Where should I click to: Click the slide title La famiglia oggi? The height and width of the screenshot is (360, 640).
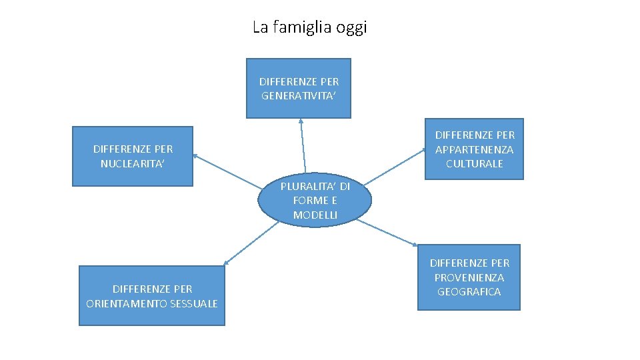pyautogui.click(x=309, y=28)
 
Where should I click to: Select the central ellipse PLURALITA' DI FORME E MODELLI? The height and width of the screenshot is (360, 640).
pyautogui.click(x=315, y=200)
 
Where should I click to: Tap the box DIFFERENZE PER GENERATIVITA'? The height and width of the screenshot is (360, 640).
pyautogui.click(x=299, y=88)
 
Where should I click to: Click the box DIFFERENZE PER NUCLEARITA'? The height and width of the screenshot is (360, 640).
pyautogui.click(x=133, y=156)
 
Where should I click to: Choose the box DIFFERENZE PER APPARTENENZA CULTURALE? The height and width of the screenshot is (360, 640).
pyautogui.click(x=475, y=149)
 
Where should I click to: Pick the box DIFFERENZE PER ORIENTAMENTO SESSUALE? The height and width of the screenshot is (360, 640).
pyautogui.click(x=152, y=296)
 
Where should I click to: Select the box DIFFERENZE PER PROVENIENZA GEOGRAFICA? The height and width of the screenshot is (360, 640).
pyautogui.click(x=469, y=277)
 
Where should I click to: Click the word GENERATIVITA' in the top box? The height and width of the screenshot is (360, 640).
pyautogui.click(x=299, y=95)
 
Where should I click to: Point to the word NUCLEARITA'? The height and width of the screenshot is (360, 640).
pyautogui.click(x=133, y=163)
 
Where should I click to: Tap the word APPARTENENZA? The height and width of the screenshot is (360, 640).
pyautogui.click(x=475, y=149)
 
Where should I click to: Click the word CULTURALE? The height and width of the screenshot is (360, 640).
pyautogui.click(x=475, y=163)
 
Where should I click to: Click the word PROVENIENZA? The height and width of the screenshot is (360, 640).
pyautogui.click(x=469, y=277)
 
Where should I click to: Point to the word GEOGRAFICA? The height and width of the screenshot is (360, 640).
pyautogui.click(x=469, y=292)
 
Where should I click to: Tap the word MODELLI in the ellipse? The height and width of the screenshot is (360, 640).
pyautogui.click(x=315, y=215)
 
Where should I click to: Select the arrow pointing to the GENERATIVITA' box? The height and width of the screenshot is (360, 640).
pyautogui.click(x=303, y=147)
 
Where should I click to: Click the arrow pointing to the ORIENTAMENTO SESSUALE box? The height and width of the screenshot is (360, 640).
pyautogui.click(x=252, y=243)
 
